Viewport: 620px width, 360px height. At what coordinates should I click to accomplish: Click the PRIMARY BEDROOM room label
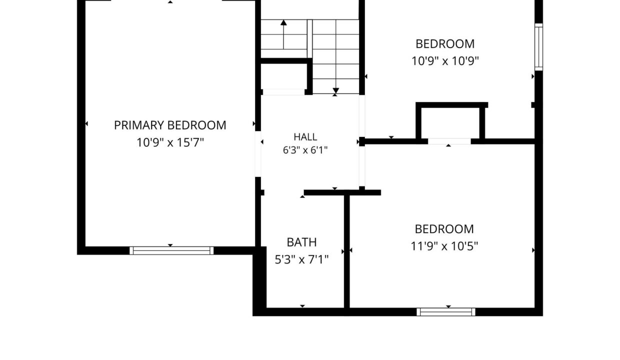[170, 125]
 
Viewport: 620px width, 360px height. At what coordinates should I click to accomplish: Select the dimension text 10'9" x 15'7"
[170, 143]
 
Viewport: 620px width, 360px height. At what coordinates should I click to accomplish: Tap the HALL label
[305, 137]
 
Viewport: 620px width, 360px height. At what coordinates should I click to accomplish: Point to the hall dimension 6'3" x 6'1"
[305, 150]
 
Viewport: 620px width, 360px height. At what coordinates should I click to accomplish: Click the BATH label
[301, 242]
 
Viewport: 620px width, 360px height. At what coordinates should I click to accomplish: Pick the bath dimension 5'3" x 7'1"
[301, 259]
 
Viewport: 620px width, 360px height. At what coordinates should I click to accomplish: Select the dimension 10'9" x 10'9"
[445, 61]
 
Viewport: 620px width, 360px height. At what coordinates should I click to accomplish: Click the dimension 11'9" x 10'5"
[444, 246]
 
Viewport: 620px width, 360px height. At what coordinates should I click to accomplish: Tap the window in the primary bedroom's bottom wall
[171, 250]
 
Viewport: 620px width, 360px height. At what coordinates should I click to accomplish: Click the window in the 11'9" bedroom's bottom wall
[446, 312]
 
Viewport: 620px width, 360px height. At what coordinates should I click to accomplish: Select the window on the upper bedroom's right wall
[538, 47]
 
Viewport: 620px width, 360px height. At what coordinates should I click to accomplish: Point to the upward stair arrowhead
[283, 22]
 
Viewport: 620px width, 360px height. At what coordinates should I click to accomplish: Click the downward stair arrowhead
[335, 90]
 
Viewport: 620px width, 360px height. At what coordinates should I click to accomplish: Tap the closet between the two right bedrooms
[450, 123]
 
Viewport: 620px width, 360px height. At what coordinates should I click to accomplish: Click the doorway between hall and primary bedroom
[258, 154]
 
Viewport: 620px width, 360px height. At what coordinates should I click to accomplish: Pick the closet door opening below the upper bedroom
[449, 141]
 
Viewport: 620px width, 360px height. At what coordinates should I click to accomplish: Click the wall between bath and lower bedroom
[347, 251]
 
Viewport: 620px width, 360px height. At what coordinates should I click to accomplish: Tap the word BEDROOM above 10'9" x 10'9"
[445, 44]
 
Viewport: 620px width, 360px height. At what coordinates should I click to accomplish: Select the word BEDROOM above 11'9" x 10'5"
[444, 229]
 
